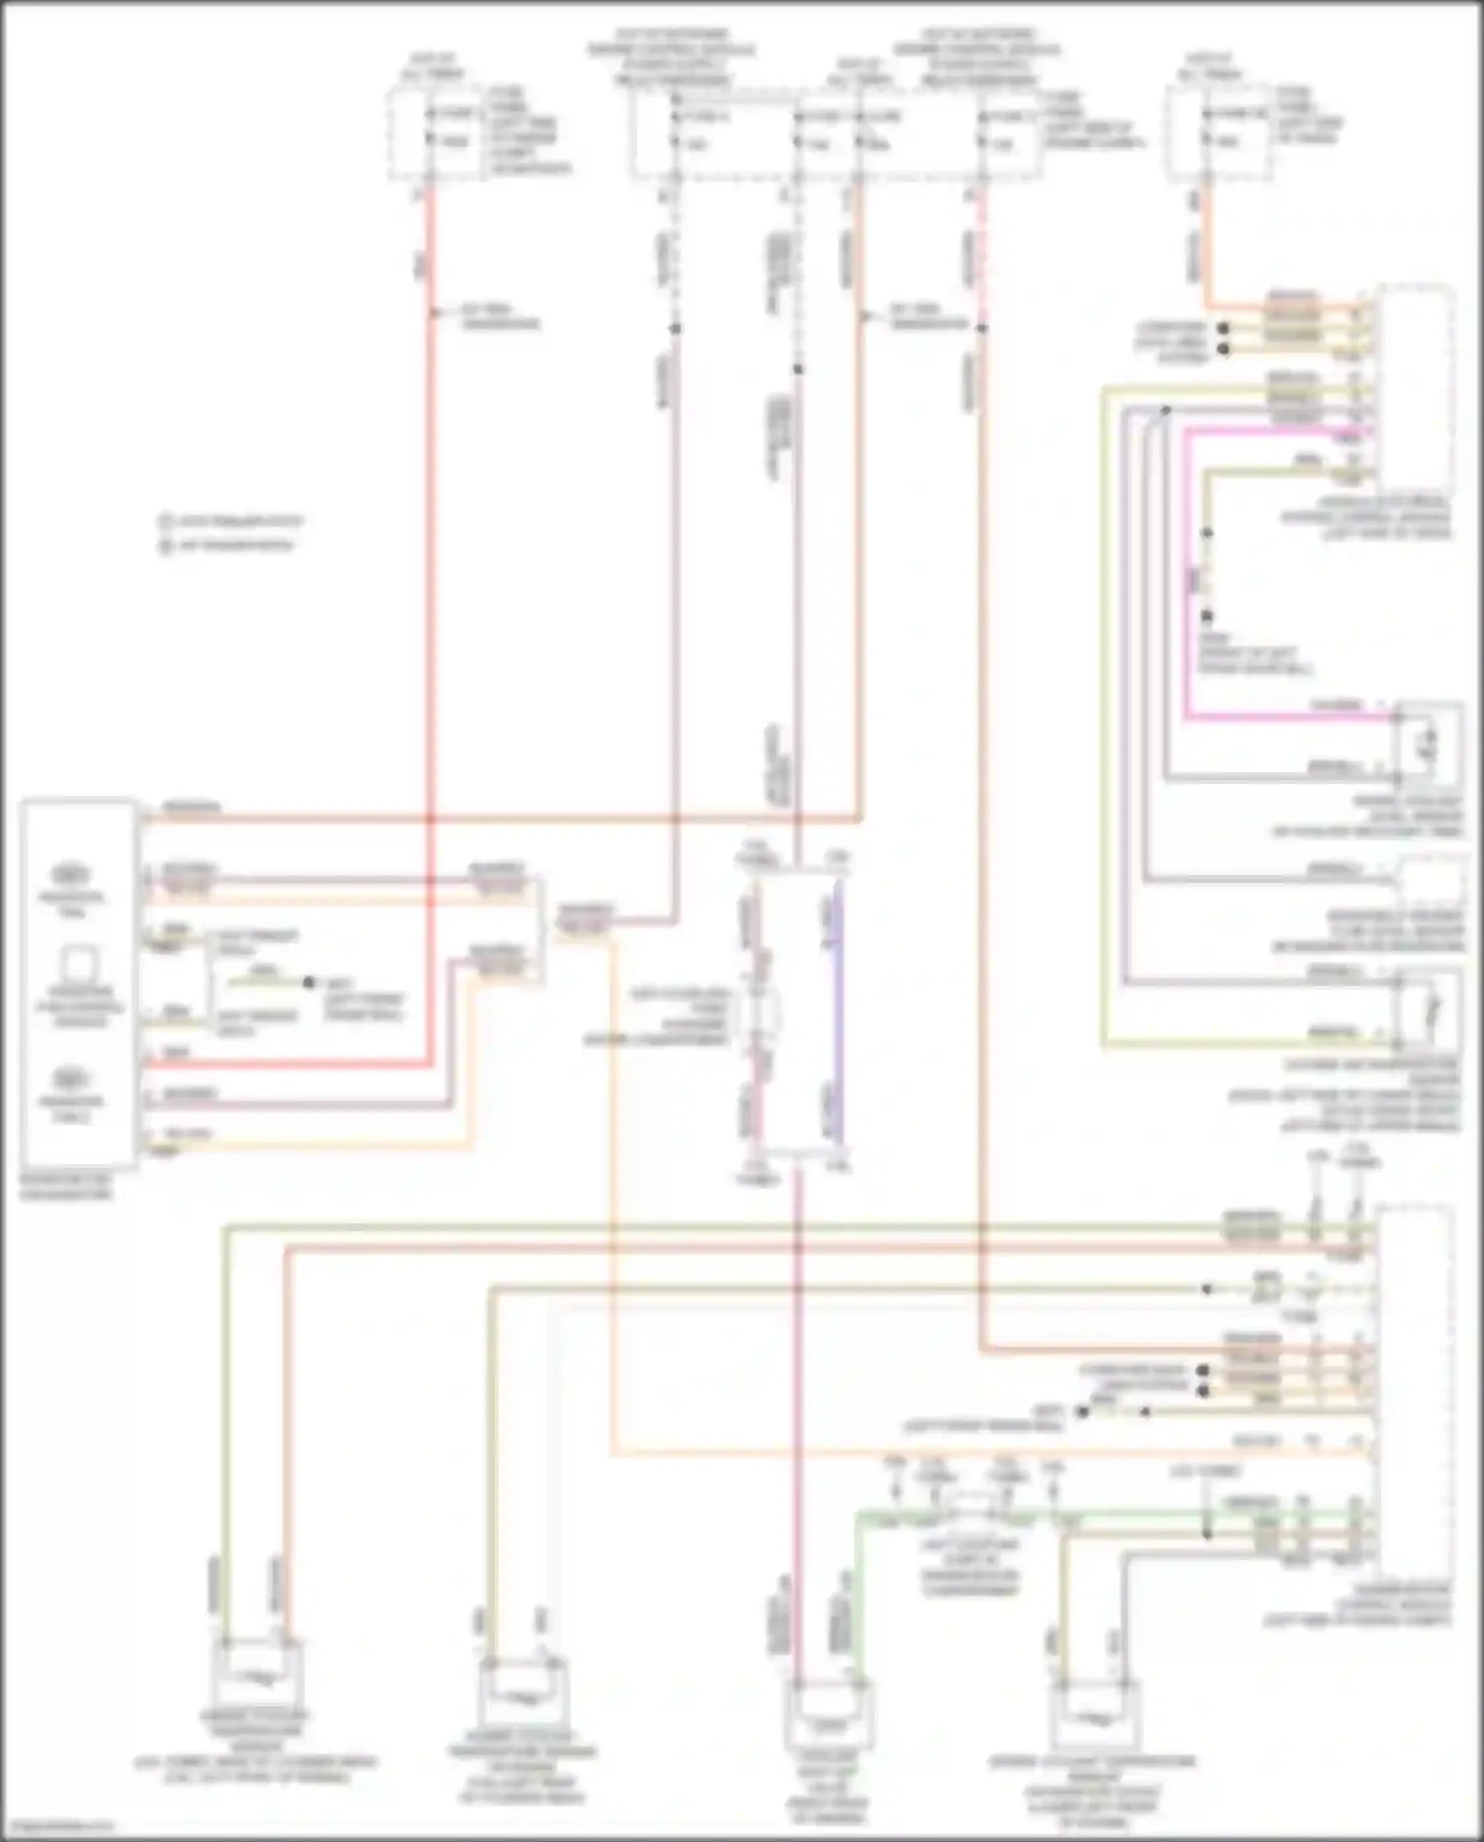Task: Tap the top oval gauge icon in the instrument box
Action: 70,874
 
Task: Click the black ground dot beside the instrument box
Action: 309,983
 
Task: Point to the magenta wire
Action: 1187,594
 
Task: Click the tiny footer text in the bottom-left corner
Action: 57,1826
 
